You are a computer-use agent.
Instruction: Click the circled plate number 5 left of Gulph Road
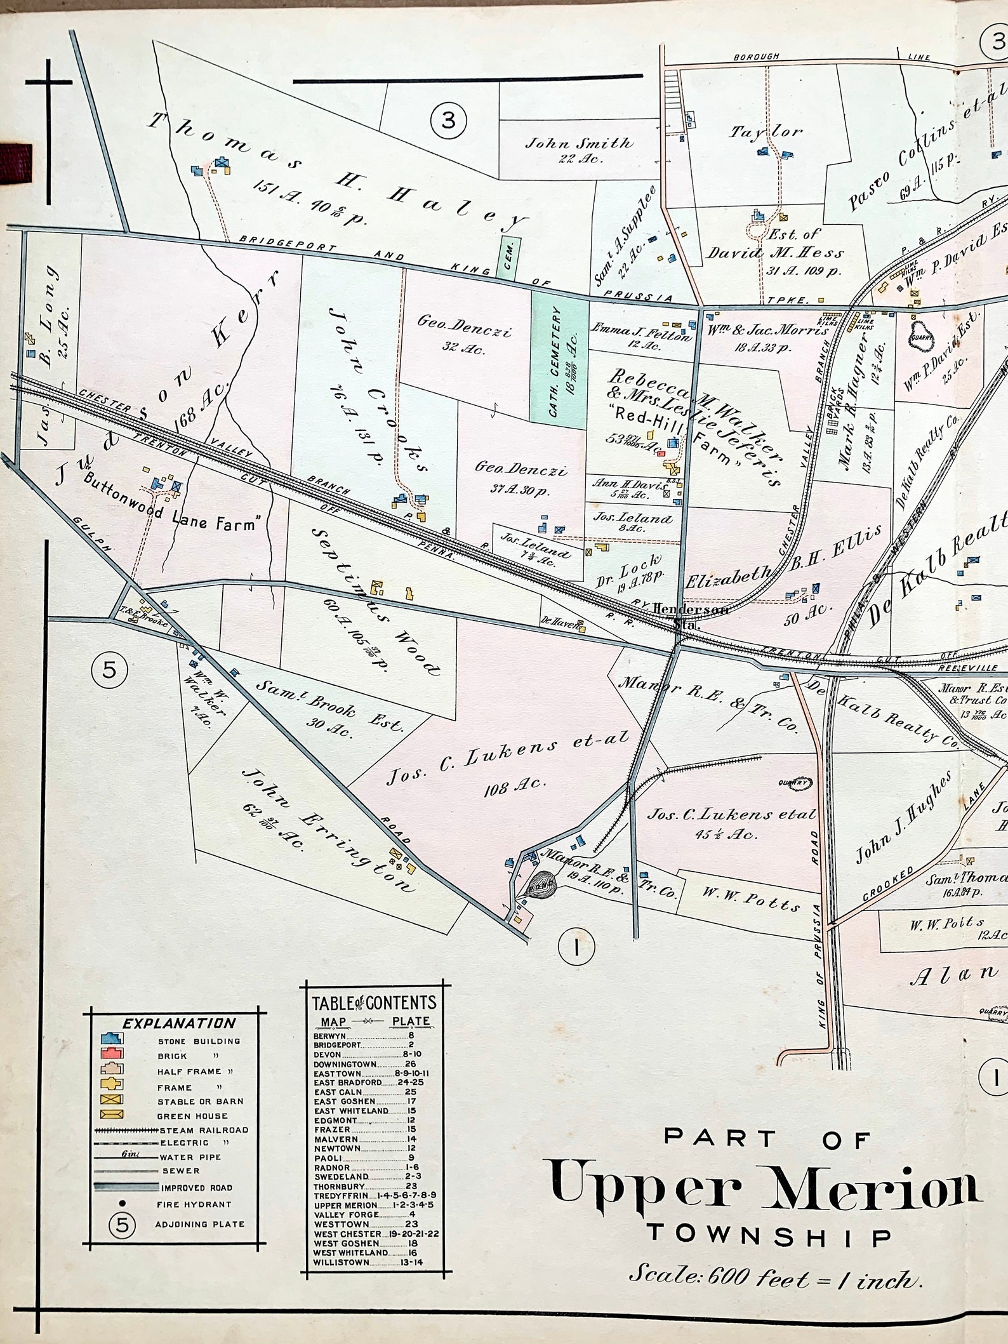pos(109,669)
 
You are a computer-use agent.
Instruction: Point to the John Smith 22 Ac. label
pos(578,150)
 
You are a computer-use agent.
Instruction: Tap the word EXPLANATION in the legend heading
pos(178,1023)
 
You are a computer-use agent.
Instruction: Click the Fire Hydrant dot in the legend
pos(123,1203)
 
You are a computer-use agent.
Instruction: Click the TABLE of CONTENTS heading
pos(375,1002)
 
